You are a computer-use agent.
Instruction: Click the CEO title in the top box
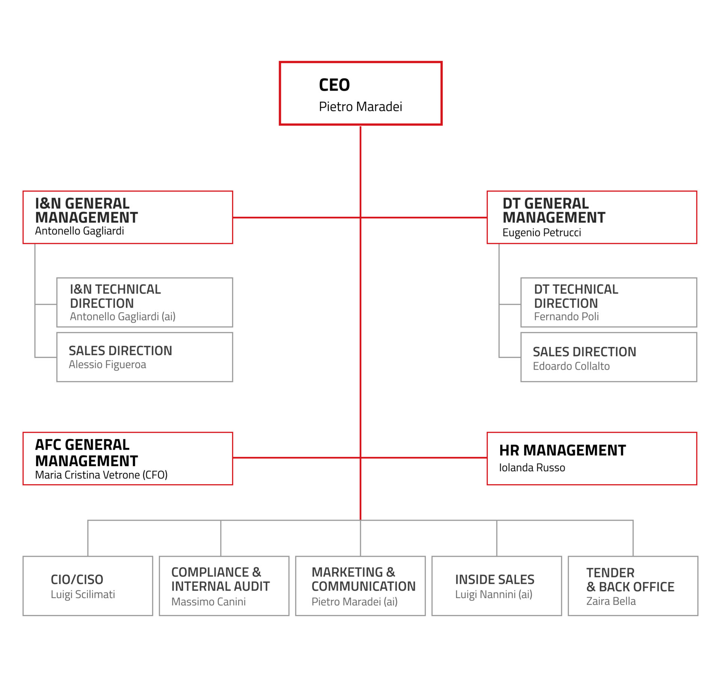point(334,85)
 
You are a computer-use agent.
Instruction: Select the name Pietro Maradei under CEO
point(360,107)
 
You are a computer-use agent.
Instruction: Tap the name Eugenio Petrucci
point(542,233)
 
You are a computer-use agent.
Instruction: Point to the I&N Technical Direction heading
point(115,296)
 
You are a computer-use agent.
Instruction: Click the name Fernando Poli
point(566,316)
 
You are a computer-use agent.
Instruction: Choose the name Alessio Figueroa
point(107,364)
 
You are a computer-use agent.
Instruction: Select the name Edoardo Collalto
point(571,366)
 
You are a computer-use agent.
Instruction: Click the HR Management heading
point(563,450)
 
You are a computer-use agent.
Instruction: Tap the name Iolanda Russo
point(532,467)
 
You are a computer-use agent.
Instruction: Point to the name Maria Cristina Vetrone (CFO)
point(101,475)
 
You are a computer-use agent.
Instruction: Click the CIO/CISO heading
point(77,579)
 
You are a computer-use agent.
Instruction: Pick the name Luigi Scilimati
point(83,594)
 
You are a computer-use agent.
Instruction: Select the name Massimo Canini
point(208,601)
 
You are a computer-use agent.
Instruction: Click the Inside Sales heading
point(495,579)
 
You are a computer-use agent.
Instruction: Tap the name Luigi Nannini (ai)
point(494,594)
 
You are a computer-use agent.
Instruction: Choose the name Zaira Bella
point(611,601)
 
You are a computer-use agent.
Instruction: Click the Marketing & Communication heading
point(364,579)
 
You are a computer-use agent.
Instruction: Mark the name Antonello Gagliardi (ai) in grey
point(123,316)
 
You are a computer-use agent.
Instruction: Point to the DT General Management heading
point(554,210)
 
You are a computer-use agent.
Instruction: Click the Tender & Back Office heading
point(630,580)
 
